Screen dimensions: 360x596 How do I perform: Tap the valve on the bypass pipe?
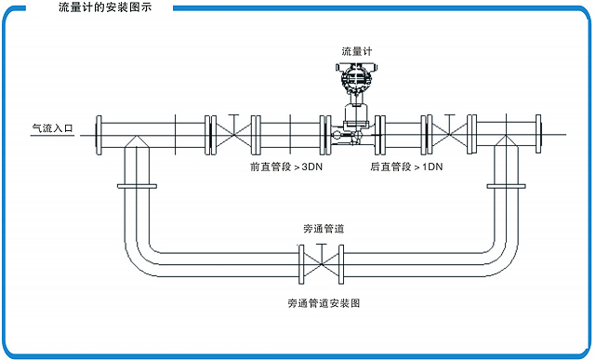pyautogui.click(x=321, y=264)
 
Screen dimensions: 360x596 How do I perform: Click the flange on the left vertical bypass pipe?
pyautogui.click(x=138, y=188)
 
